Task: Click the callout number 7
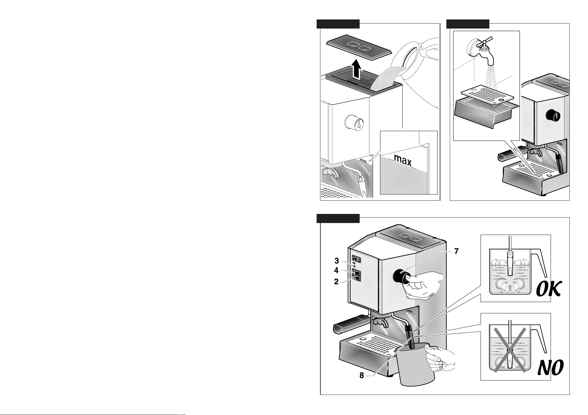456,251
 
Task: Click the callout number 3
337,261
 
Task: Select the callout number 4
336,270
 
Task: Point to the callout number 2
336,282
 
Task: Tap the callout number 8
362,375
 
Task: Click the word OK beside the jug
548,289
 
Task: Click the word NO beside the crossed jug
550,368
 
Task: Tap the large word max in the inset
403,159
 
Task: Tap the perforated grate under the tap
487,94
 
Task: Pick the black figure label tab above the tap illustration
468,24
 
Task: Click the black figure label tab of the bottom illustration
338,218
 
